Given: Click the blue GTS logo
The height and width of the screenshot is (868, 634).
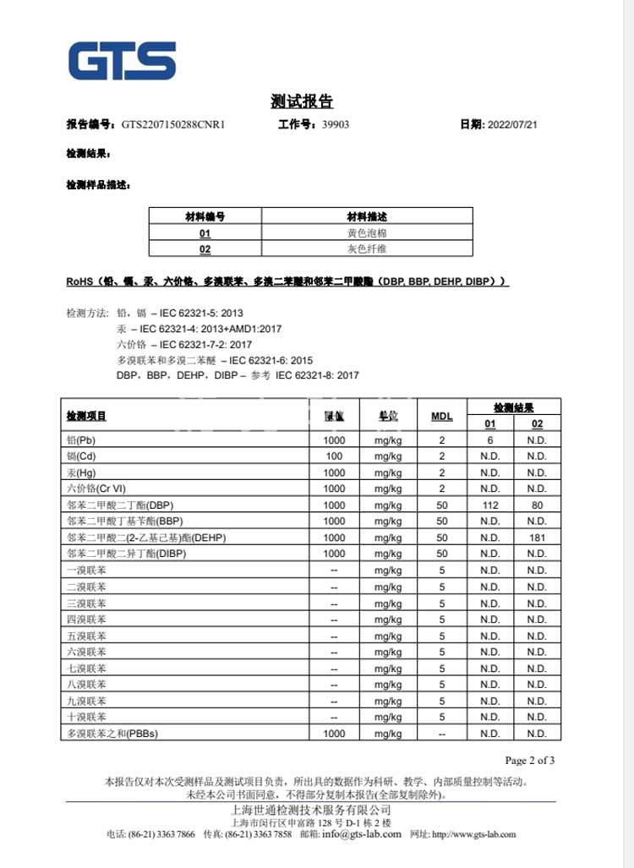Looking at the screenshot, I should [x=123, y=60].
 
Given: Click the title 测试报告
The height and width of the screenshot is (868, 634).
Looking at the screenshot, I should [x=302, y=102].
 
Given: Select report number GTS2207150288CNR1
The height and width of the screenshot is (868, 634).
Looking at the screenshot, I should [x=173, y=124].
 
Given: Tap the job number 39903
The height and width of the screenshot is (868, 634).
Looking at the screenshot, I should [x=336, y=124].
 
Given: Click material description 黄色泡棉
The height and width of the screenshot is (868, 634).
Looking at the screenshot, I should [x=367, y=232].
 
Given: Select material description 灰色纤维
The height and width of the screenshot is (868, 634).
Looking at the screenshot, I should [x=367, y=249].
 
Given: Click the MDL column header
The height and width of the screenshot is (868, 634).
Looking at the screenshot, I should [x=442, y=416].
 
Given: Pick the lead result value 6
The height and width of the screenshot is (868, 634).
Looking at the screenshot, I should [x=489, y=440].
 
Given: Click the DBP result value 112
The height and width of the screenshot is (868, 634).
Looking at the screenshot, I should [x=489, y=505].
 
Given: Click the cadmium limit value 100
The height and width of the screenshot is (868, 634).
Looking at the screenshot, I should [x=334, y=456].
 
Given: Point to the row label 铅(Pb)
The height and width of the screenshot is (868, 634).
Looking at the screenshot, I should [x=82, y=440].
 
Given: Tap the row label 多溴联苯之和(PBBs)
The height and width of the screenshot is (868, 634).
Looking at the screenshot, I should [x=112, y=734].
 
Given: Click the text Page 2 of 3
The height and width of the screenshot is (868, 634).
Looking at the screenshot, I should [x=529, y=760].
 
